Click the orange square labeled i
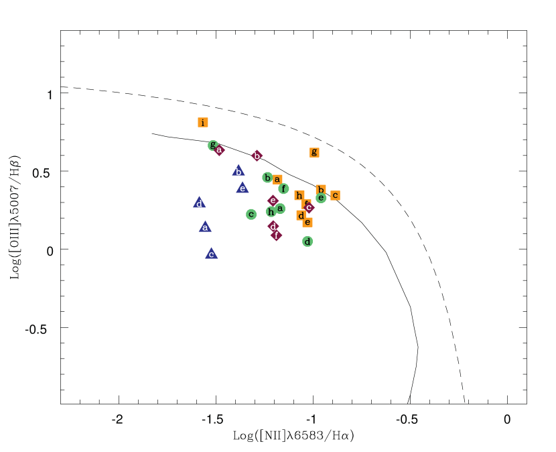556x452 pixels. click(x=203, y=123)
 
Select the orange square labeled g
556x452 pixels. click(x=314, y=152)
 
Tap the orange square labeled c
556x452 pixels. click(x=335, y=195)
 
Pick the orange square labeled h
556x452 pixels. click(x=299, y=196)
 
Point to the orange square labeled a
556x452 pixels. click(x=277, y=179)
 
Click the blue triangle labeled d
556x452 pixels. click(x=199, y=203)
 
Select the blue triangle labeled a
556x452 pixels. click(x=205, y=227)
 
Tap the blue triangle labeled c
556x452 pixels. click(x=211, y=253)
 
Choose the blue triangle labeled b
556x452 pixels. click(x=238, y=171)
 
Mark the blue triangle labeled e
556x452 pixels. click(x=242, y=188)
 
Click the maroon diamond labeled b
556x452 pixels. click(x=257, y=156)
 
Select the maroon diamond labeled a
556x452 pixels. click(x=219, y=150)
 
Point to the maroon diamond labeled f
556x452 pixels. click(x=276, y=235)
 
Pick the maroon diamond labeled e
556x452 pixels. click(x=273, y=201)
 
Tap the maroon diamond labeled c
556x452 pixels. click(x=309, y=207)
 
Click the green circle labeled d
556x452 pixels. click(x=307, y=241)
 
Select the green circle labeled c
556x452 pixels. click(x=251, y=215)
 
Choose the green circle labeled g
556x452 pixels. click(x=212, y=145)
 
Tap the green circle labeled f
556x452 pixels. click(x=283, y=188)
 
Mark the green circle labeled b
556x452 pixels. click(x=267, y=178)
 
